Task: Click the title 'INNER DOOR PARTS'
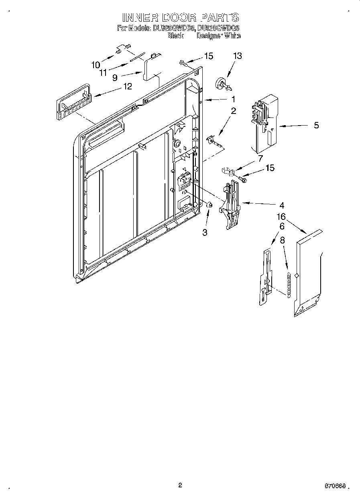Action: (180, 17)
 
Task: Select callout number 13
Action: (238, 56)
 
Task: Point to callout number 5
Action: (316, 126)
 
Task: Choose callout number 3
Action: (205, 233)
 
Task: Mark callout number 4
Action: (282, 205)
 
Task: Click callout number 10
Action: (96, 65)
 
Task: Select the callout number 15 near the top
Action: (208, 56)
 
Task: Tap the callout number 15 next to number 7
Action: (270, 168)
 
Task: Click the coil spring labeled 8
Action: (288, 284)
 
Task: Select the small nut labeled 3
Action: (209, 205)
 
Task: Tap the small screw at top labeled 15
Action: (183, 62)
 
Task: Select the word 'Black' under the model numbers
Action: (175, 36)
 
